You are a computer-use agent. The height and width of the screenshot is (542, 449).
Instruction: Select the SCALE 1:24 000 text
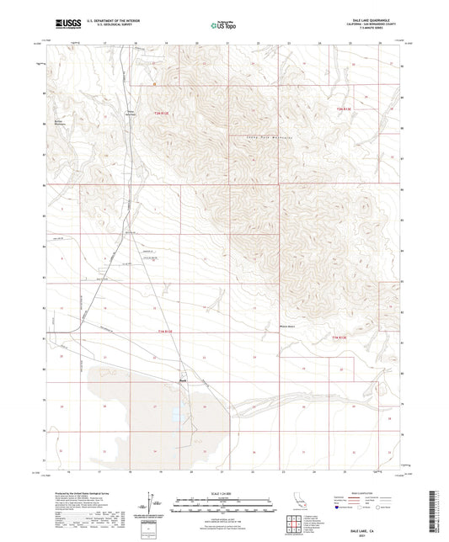click(x=224, y=493)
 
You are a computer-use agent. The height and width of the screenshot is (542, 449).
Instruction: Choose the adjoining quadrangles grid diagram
click(x=297, y=529)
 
